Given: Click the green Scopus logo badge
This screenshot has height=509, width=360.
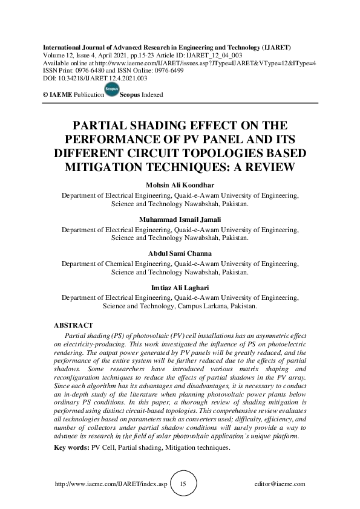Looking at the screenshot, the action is click(112, 90).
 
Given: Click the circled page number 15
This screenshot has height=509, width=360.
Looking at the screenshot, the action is click(183, 484).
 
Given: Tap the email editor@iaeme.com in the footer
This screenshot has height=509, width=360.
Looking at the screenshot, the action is click(281, 484).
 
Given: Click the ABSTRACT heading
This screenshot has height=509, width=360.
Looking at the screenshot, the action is click(73, 326).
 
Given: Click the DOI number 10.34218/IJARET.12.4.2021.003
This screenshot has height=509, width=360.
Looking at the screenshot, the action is click(100, 78).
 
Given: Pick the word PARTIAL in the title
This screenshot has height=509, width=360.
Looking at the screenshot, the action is click(100, 126).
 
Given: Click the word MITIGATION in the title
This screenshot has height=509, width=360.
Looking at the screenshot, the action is click(114, 166).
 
